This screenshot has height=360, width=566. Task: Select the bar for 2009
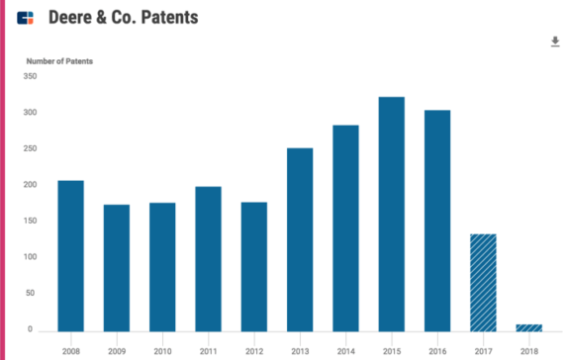[117, 267]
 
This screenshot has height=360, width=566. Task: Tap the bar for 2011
[208, 258]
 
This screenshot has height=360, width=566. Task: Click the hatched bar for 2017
[483, 282]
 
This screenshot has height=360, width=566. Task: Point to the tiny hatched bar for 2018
[528, 326]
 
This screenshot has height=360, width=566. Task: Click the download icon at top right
[555, 42]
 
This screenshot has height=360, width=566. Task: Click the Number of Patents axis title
[58, 61]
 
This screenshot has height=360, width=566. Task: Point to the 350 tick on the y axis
[30, 76]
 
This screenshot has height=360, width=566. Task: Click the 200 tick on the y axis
[30, 185]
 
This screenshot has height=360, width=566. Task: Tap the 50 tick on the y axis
[32, 294]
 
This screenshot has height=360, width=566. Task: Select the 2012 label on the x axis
[254, 350]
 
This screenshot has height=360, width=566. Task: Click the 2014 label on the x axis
[345, 350]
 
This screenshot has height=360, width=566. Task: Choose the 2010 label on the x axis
[162, 350]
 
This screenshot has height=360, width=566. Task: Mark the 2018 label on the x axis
[528, 350]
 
